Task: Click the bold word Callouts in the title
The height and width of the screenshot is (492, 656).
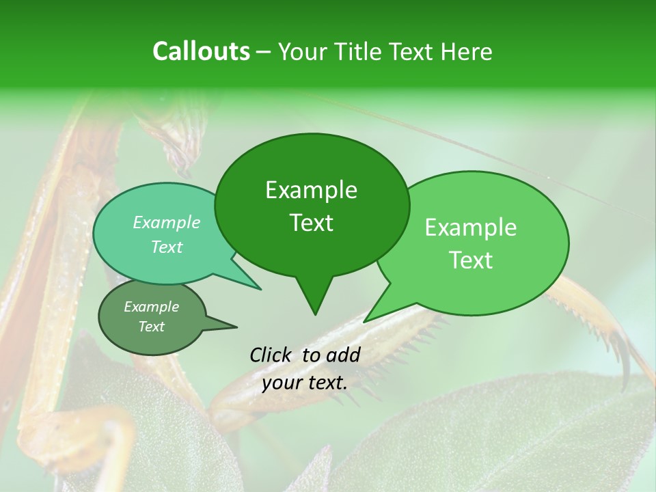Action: pos(201,51)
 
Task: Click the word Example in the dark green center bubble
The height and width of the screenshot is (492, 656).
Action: pos(311,190)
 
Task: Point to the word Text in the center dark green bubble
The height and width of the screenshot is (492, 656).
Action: pos(311,222)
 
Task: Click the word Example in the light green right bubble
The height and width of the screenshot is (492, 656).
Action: pos(471,228)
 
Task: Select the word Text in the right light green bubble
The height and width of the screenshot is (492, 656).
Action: pos(471,260)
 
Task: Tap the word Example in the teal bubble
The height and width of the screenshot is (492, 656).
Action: pos(167,222)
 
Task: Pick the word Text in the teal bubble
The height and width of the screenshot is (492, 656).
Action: pos(167,247)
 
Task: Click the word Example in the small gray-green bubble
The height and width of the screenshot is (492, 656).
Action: pos(152,307)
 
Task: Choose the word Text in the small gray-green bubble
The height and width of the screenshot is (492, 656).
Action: pos(152,327)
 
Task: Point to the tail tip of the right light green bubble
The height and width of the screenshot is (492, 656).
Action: pos(365,321)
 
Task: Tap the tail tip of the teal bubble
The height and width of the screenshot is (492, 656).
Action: pos(260,289)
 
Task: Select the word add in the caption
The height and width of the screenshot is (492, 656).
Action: pos(343,355)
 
